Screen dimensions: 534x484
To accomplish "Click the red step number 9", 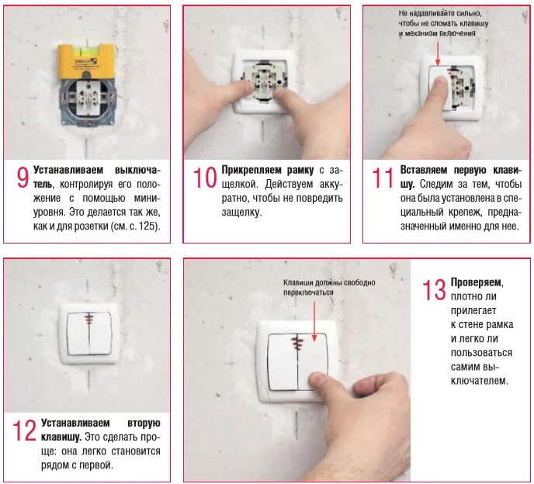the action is [23, 178].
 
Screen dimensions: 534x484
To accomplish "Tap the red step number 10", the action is [205, 178].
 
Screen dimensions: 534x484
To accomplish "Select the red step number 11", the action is [383, 178].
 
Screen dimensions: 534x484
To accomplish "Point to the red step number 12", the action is [24, 430].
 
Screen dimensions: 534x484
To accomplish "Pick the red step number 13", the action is [434, 290].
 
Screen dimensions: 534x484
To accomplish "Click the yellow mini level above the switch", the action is [86, 61].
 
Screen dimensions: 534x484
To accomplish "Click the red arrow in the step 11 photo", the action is [438, 54].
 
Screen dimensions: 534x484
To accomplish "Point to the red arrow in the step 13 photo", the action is [314, 322].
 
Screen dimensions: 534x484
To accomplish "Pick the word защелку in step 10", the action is [241, 213].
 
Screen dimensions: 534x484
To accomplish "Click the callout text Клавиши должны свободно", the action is [329, 283].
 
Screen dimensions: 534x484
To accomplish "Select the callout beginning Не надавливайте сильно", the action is [443, 23].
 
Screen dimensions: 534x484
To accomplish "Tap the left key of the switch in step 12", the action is [78, 334].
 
